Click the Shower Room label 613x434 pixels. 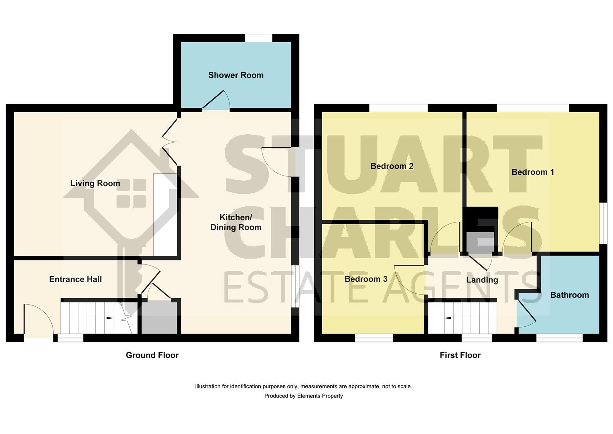pos(236,75)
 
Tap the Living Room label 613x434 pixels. pos(95,184)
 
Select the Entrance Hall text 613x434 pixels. pos(75,279)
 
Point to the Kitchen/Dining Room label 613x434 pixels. pos(236,222)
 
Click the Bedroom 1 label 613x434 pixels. pos(533,172)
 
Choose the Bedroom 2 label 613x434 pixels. pos(392,166)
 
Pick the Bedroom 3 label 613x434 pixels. pos(366,279)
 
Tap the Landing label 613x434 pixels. pos(482,280)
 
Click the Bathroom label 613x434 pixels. pos(570,295)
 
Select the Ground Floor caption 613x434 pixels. pos(152,355)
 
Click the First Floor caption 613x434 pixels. pos(460,355)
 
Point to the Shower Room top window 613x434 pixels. pos(258,38)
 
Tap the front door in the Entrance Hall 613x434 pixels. pos(39,319)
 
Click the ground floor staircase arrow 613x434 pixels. pos(109,318)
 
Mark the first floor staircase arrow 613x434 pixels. pos(448,318)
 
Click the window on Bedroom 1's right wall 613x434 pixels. pos(603,223)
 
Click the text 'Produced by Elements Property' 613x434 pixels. pos(303,396)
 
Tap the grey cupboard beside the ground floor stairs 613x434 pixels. pos(159,317)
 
